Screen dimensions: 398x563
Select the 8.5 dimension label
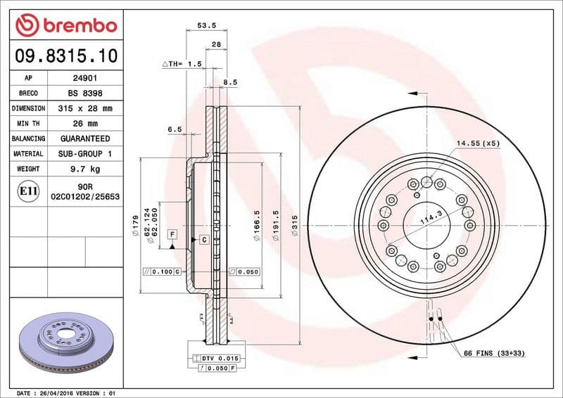[229, 82]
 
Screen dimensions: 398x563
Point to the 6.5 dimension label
[175, 129]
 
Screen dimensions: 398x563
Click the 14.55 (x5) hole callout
[477, 143]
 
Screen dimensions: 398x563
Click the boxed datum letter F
[172, 233]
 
